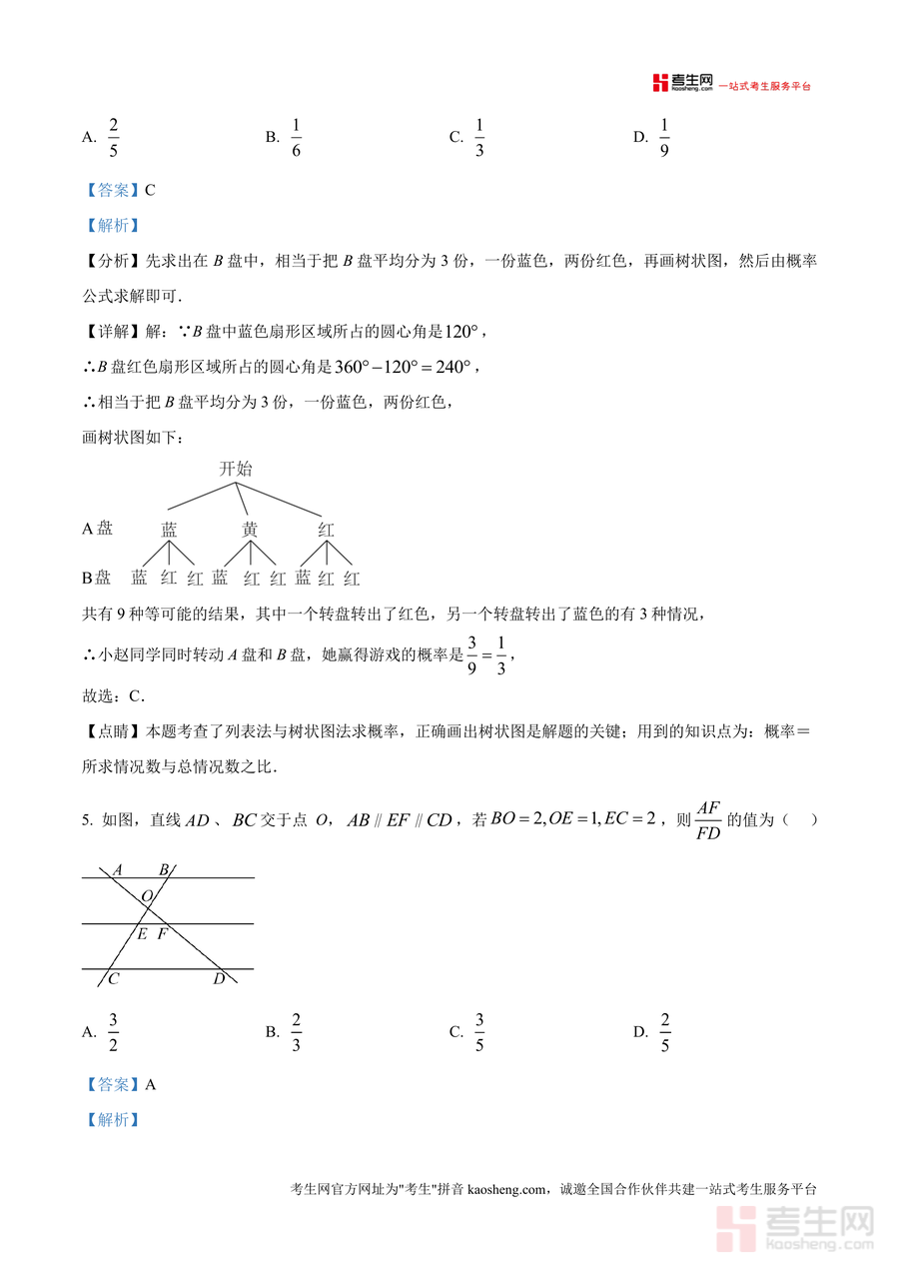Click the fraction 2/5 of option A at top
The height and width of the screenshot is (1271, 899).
[x=114, y=138]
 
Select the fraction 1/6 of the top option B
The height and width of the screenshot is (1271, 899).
[x=297, y=138]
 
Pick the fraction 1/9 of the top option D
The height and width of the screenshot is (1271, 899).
[x=664, y=138]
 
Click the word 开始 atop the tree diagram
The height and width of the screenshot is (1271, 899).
[x=236, y=469]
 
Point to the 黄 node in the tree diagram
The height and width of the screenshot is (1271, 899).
[x=250, y=530]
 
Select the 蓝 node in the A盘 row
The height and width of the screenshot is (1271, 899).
[x=169, y=530]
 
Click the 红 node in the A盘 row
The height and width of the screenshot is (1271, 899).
[x=326, y=530]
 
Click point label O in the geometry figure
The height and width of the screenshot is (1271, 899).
[x=147, y=896]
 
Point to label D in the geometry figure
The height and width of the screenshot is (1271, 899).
[x=219, y=978]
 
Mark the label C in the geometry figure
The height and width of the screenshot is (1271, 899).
[x=114, y=979]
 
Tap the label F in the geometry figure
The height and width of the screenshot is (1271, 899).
[x=162, y=934]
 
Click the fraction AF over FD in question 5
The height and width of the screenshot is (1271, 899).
[x=707, y=820]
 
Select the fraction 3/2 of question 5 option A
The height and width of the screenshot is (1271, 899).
[x=114, y=1032]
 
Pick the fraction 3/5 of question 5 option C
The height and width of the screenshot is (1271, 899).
[x=479, y=1032]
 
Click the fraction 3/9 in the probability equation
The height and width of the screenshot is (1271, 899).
[x=472, y=655]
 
